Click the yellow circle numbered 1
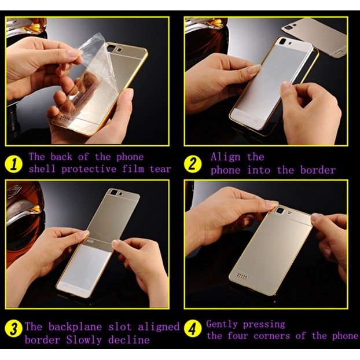[13, 164]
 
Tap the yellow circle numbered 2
[193, 164]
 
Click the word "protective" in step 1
[89, 170]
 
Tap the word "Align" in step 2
[226, 157]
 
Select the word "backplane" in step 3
[75, 326]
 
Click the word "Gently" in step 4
[222, 325]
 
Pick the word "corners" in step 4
[272, 336]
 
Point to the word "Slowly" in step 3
[84, 340]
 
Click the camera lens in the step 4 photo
[280, 210]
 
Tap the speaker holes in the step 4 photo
[243, 276]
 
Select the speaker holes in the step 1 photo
[65, 119]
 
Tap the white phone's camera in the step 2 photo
[283, 41]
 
